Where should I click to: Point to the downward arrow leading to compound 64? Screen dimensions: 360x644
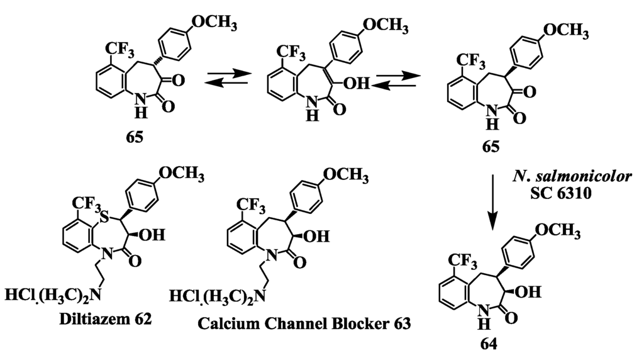click(494, 201)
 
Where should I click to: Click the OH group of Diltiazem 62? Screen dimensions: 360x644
click(152, 236)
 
